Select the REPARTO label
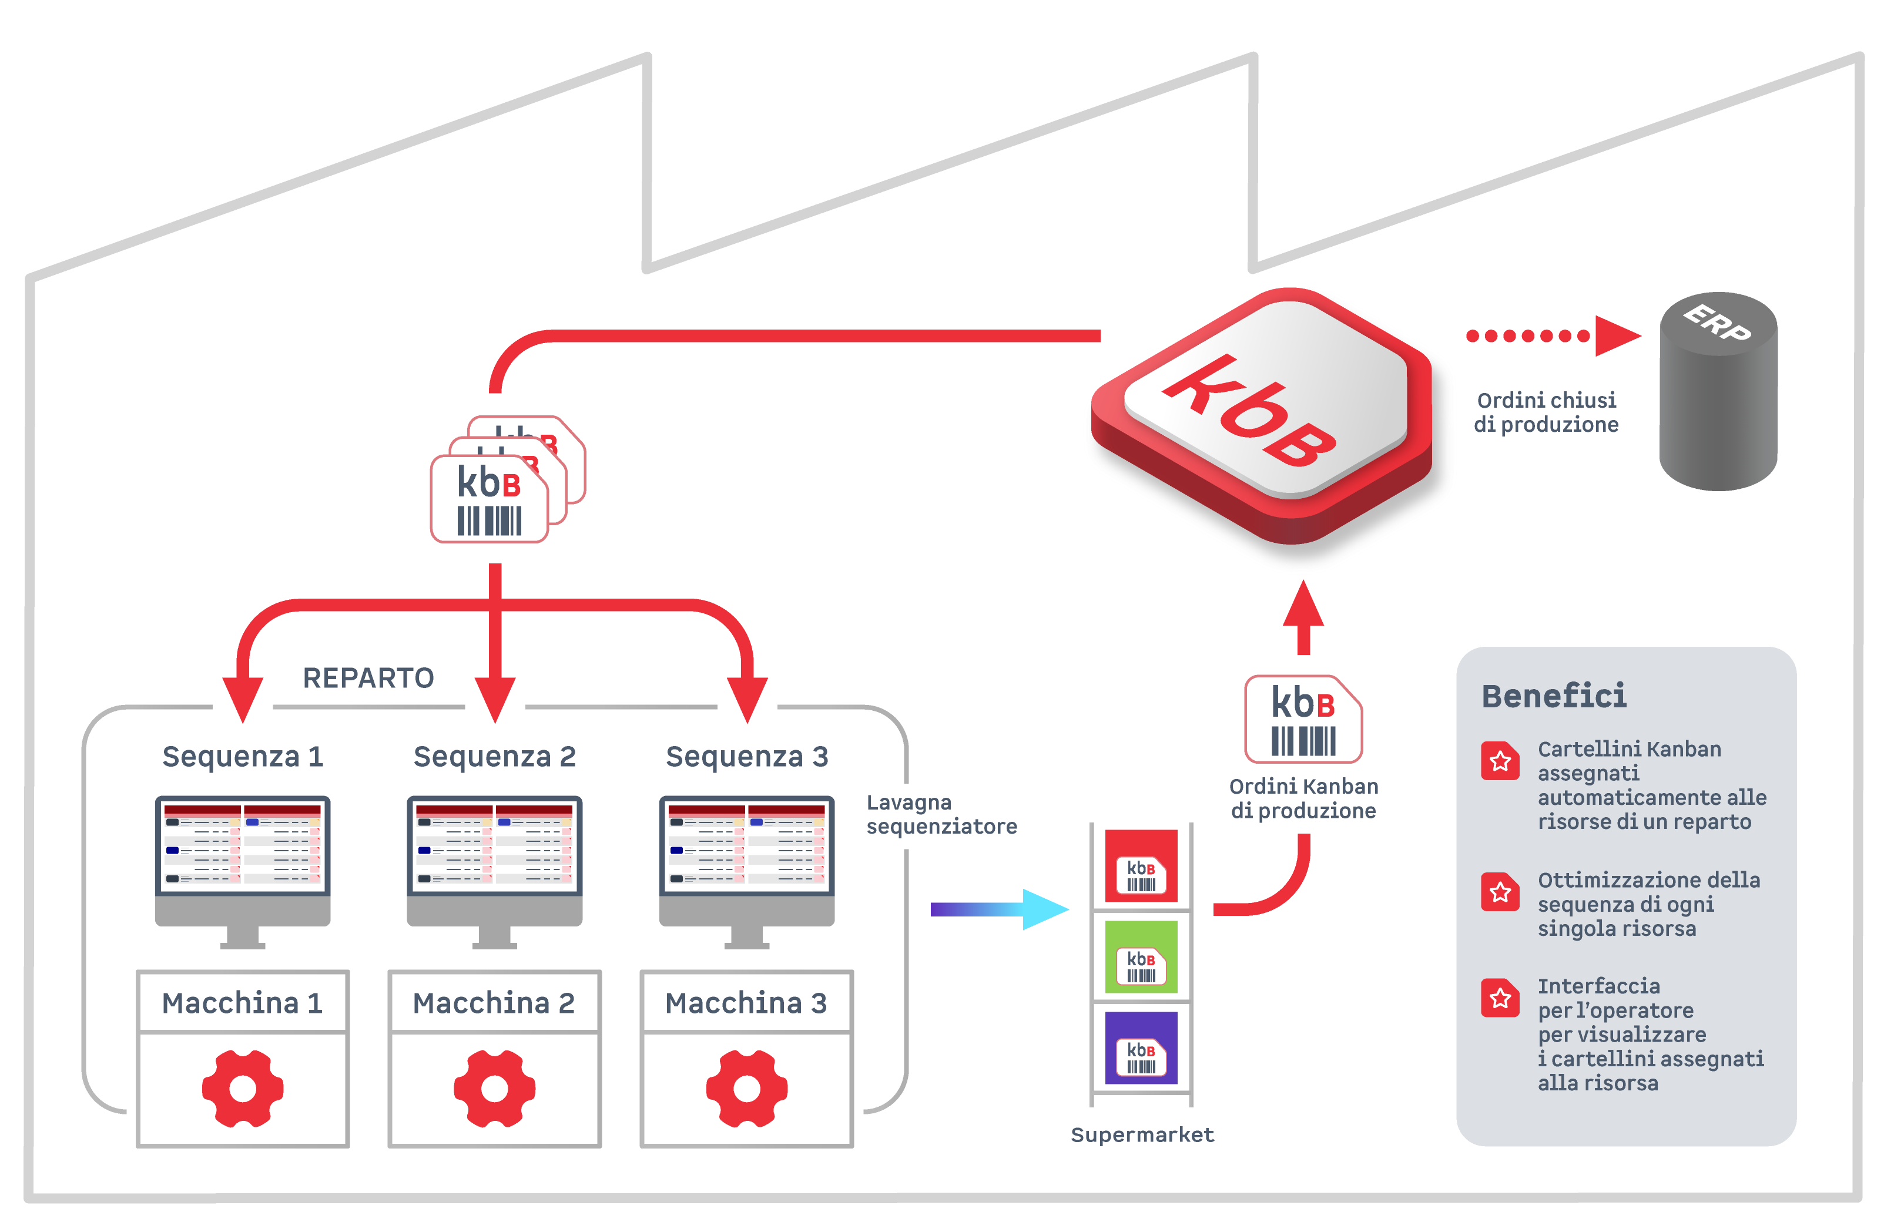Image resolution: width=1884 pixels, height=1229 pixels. (368, 678)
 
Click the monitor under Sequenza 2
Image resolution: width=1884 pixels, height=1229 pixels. (495, 862)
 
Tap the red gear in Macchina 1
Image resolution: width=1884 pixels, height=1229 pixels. (242, 1088)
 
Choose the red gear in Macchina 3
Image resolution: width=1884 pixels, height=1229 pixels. (746, 1088)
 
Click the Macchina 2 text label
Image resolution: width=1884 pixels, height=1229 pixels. (494, 1003)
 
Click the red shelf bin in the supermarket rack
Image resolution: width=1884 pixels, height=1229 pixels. (1141, 867)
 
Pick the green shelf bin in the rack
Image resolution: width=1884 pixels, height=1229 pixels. (1141, 957)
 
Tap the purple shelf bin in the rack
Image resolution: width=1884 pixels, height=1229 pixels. (1141, 1048)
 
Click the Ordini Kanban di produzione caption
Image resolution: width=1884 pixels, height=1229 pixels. (1303, 798)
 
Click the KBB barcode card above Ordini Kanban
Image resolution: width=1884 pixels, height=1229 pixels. (1303, 718)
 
